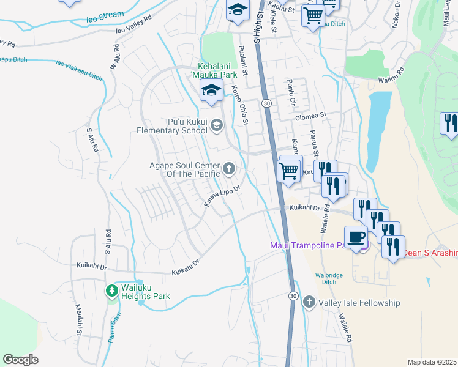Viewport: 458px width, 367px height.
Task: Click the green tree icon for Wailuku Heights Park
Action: pyautogui.click(x=111, y=291)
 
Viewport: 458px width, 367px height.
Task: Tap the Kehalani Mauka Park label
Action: pyautogui.click(x=209, y=70)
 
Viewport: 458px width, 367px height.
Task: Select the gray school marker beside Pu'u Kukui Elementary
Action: pyautogui.click(x=216, y=126)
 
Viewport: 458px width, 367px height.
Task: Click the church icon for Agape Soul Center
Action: pyautogui.click(x=229, y=168)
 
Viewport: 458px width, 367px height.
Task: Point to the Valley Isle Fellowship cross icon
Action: pyautogui.click(x=309, y=302)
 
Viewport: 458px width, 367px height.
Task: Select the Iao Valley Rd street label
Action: pyautogui.click(x=133, y=29)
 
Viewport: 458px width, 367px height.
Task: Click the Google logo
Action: pyautogui.click(x=21, y=360)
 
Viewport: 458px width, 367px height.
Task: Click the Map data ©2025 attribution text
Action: pyautogui.click(x=432, y=362)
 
